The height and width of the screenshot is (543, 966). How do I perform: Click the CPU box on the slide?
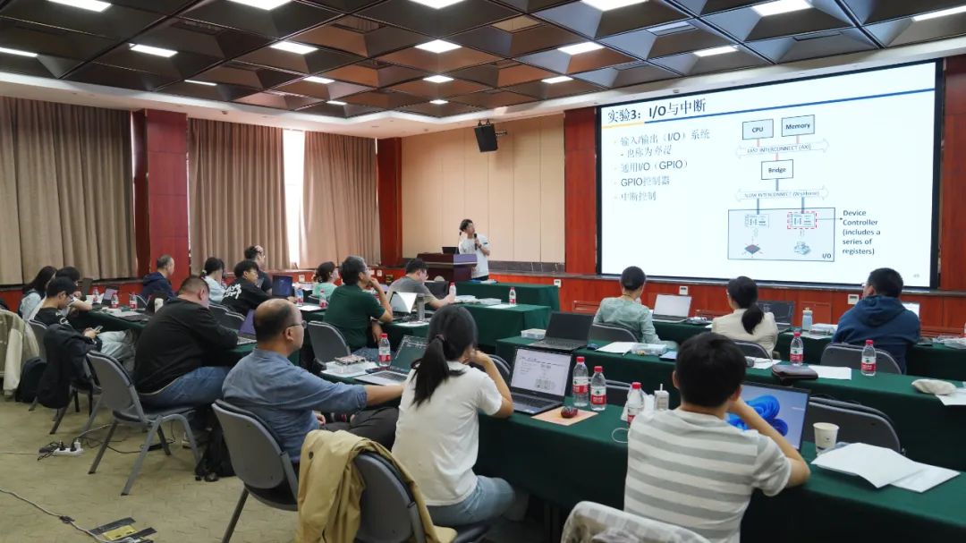click(757, 129)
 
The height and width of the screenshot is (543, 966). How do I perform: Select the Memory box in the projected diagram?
click(797, 125)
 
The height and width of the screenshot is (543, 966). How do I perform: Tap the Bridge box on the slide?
click(776, 169)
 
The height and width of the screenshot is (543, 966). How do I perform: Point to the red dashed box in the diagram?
click(801, 220)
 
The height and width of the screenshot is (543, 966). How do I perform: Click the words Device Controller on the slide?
click(860, 217)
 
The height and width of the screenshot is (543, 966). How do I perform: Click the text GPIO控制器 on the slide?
click(645, 181)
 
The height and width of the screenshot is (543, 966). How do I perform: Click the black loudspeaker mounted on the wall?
click(486, 137)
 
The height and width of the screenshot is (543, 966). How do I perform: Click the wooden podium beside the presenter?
click(447, 266)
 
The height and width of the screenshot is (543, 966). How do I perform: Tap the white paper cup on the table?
click(826, 437)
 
